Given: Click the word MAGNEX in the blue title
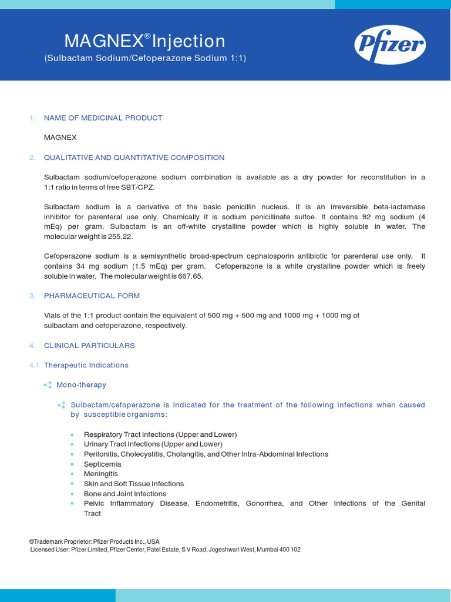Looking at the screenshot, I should click(103, 41).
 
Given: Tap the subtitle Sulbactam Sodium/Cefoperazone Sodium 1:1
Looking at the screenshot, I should click(145, 58).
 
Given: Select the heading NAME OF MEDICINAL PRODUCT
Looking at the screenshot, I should click(103, 118).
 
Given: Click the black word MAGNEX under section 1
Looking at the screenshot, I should click(60, 138).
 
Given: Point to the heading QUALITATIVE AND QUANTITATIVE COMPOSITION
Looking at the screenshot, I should click(134, 158).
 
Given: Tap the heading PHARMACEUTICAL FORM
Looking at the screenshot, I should click(92, 296).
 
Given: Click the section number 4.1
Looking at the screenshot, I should click(34, 365).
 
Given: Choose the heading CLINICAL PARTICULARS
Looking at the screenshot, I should click(89, 345).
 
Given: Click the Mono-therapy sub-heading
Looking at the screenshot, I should click(81, 385).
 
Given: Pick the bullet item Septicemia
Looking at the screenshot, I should click(102, 464).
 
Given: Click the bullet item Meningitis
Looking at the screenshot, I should click(100, 474).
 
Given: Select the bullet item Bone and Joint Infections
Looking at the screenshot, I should click(124, 494).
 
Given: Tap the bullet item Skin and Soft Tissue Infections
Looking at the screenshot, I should click(133, 484).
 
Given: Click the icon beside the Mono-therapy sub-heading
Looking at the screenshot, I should click(48, 385).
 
